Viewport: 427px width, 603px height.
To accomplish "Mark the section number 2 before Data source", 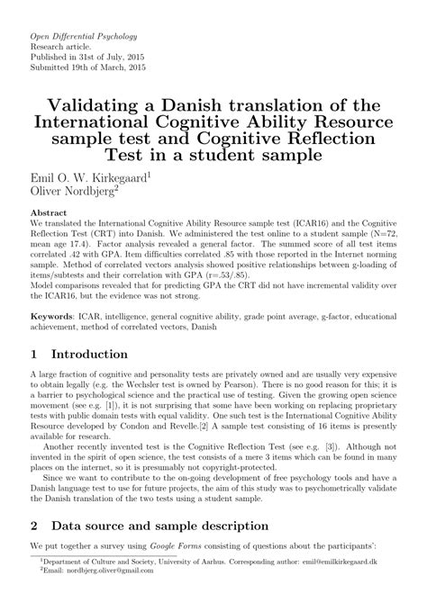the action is click(x=35, y=548).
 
